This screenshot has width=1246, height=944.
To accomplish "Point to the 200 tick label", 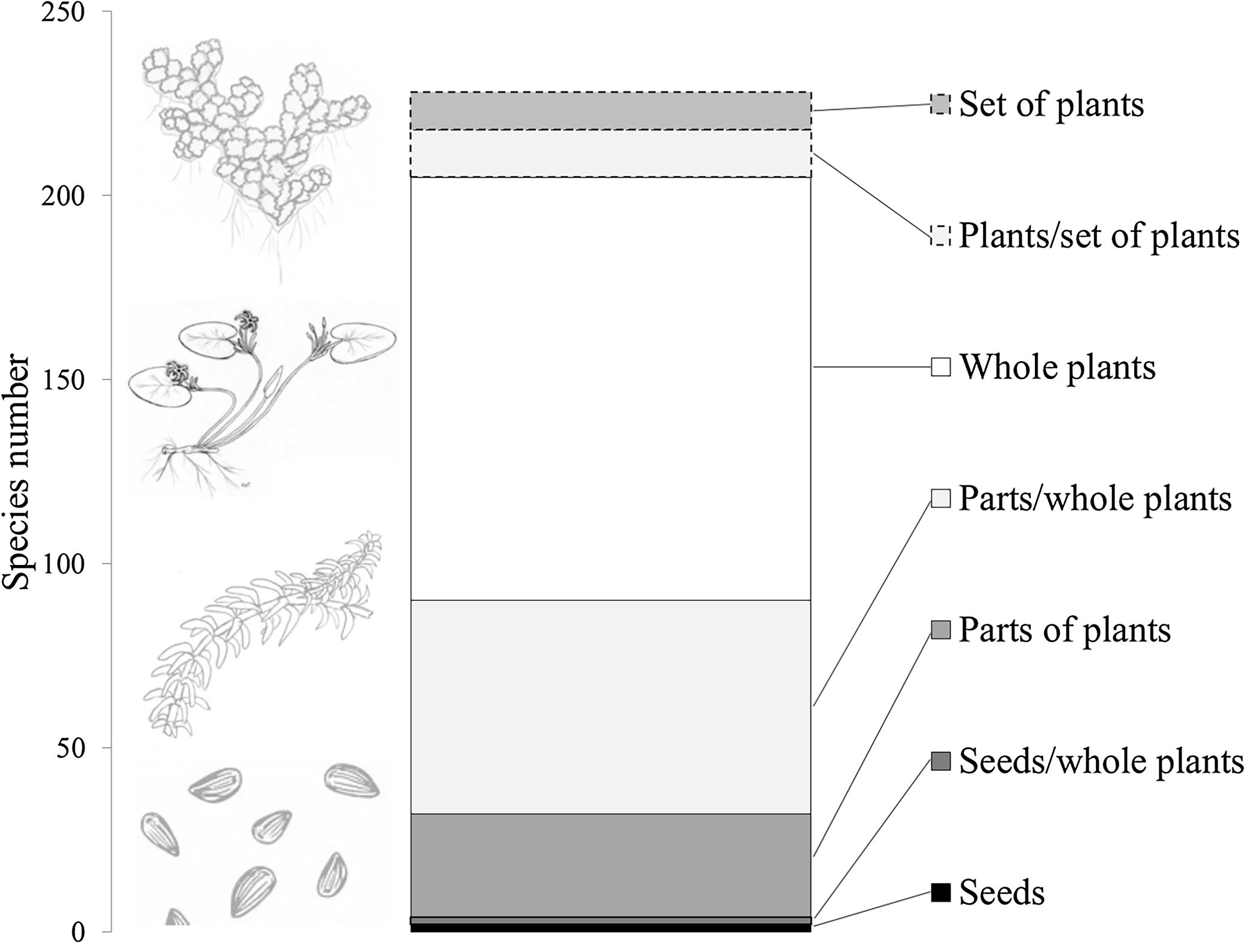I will point(62,196).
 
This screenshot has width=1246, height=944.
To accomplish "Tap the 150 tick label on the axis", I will point(62,380).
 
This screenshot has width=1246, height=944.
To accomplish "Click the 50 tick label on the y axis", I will point(71,748).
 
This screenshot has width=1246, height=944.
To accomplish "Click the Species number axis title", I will point(16,472).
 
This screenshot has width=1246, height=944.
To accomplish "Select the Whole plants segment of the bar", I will point(610,389).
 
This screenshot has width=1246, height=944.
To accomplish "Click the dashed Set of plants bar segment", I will point(610,111).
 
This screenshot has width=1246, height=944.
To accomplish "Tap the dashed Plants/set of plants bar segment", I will point(610,153).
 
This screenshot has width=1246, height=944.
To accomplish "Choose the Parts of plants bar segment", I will point(610,864).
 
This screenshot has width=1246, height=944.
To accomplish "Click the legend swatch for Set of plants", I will point(940,105).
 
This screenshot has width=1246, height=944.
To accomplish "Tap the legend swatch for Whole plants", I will point(940,366).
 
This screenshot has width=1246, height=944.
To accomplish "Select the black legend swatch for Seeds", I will point(940,892).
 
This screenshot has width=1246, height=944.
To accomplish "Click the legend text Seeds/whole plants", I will point(1101,762).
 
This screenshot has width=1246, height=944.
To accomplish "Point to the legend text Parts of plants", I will point(1065,630).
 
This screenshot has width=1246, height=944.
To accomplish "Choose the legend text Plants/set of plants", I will point(1099,236).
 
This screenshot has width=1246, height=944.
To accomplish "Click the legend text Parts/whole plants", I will point(1095,499).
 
